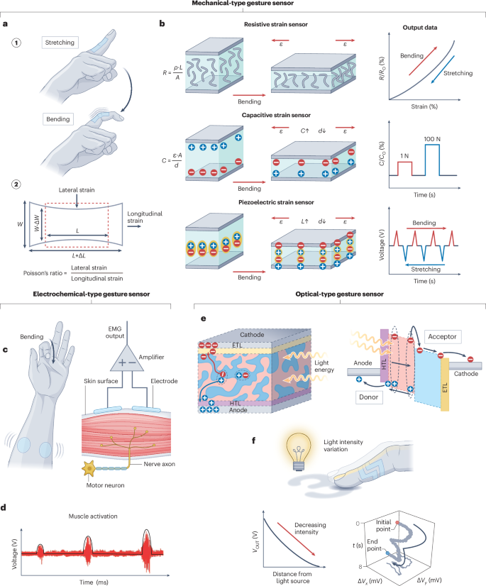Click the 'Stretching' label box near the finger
[x=62, y=42]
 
